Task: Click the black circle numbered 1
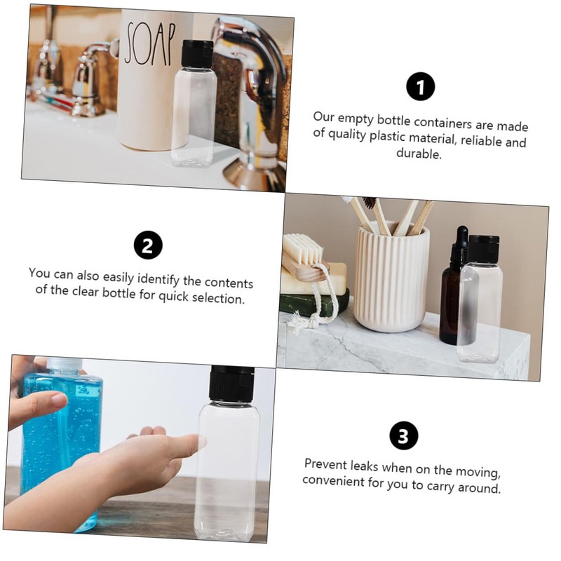point(421,87)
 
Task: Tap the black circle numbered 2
point(148,245)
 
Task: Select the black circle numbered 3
point(403,435)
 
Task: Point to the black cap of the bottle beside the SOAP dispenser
point(197,53)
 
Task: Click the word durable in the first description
point(419,154)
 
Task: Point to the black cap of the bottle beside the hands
point(231,384)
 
